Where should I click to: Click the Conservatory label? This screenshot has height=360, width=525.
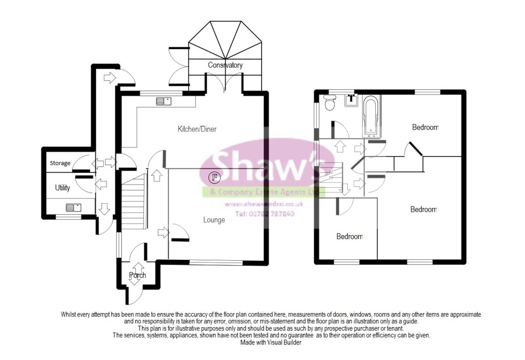[225, 65]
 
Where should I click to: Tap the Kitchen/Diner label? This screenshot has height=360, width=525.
[197, 129]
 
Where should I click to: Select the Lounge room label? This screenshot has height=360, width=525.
[214, 220]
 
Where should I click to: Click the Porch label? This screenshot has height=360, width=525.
[137, 275]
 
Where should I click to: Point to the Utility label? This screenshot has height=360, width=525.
[62, 188]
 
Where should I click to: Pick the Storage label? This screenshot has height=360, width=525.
[60, 163]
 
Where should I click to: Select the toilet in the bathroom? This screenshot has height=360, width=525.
[329, 103]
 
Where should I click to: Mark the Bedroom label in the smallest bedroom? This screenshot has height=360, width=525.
[349, 237]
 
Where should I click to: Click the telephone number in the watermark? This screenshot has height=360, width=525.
[265, 214]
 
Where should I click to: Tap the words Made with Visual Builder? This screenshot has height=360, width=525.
[271, 343]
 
